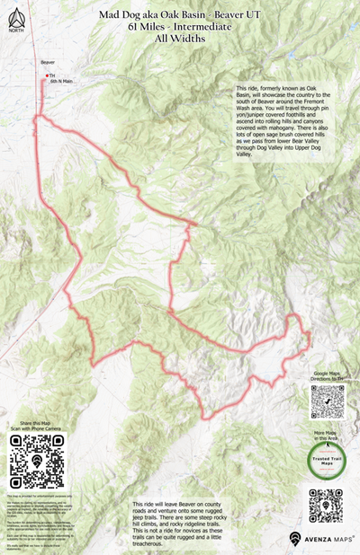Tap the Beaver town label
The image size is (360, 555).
coord(48,62)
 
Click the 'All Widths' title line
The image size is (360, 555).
coord(180,39)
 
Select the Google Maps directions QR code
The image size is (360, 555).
coord(328,401)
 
